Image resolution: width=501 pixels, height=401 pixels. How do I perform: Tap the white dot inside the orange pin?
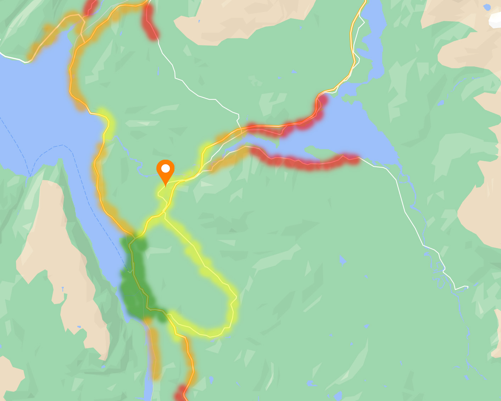coord(165,169)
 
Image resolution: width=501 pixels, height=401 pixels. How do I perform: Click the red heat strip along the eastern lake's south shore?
coord(305,162)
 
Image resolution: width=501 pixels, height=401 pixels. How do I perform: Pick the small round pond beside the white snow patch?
coord(487,7)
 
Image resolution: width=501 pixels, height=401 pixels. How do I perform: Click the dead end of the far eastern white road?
coord(468,287)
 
